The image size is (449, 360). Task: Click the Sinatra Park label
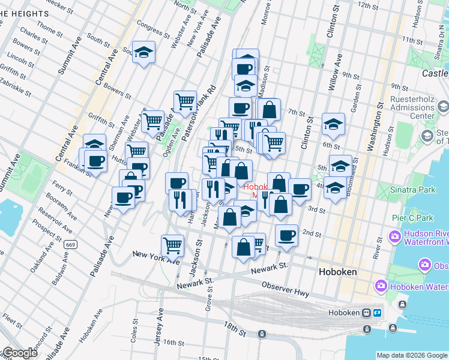coord(384,190)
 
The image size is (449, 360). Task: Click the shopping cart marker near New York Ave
coord(172,244)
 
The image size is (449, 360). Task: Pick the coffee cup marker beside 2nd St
coord(287,235)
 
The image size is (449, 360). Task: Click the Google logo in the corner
coord(19,353)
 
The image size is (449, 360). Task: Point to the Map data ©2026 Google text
coord(412,355)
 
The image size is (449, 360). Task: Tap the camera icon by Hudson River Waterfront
coord(394,236)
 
